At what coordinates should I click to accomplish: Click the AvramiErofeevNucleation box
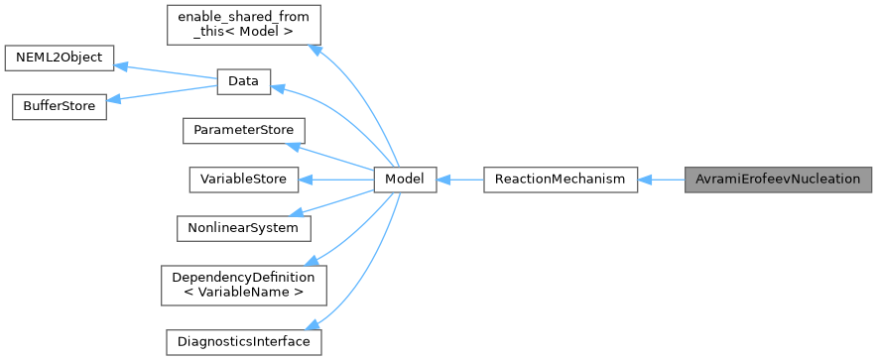point(778,180)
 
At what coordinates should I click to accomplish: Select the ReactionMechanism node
point(560,180)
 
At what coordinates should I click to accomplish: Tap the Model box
point(405,180)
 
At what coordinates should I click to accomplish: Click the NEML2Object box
point(60,58)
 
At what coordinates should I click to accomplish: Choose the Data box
point(243,82)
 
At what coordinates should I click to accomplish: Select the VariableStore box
point(243,180)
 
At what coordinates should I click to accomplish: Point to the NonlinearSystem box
point(243,228)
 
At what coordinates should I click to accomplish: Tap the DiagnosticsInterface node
point(243,342)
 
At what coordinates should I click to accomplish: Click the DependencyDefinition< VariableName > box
point(243,285)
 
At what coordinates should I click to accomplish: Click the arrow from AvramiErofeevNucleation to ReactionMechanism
point(661,180)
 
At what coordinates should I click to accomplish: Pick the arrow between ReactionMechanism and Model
point(459,180)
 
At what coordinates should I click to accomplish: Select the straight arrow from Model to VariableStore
point(336,180)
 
